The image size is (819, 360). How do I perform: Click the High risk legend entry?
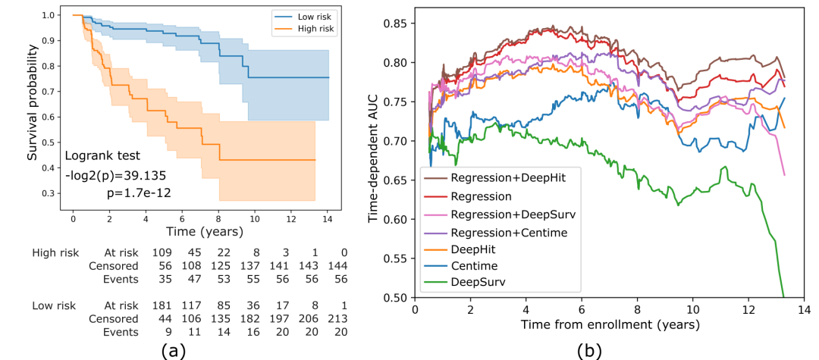[312, 29]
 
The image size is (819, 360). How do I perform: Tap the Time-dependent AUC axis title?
[373, 161]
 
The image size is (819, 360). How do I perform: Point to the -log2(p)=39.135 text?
[115, 175]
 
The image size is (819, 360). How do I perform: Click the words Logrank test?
[102, 157]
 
